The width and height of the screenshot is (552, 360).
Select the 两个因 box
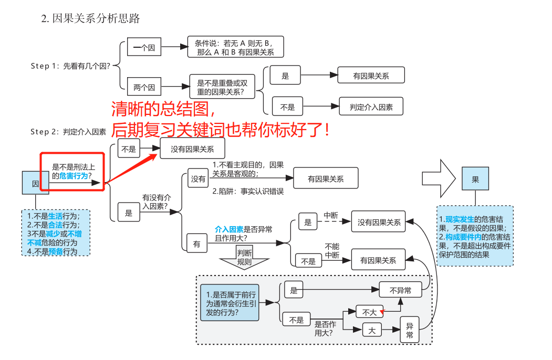[x=144, y=87]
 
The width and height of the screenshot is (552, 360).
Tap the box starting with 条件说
[x=235, y=47]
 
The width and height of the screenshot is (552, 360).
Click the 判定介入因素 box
[x=371, y=107]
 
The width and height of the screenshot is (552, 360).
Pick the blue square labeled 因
[x=36, y=184]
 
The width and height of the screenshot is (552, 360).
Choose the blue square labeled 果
[x=475, y=179]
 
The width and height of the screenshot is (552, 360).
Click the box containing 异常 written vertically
[x=409, y=330]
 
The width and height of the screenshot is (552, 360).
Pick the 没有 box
[x=199, y=179]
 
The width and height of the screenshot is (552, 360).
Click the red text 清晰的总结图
[x=163, y=109]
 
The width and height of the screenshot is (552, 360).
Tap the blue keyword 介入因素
[x=229, y=229]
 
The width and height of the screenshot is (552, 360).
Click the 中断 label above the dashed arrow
[x=331, y=215]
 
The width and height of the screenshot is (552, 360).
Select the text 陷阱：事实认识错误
[x=248, y=192]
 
